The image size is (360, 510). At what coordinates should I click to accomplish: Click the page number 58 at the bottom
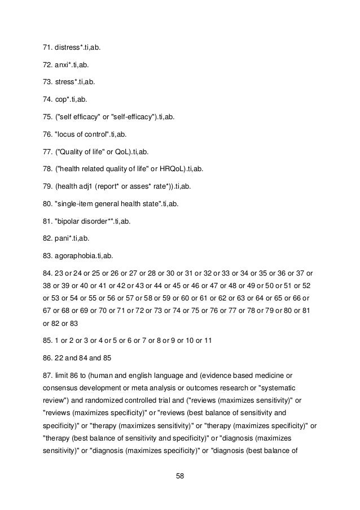click(x=179, y=476)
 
